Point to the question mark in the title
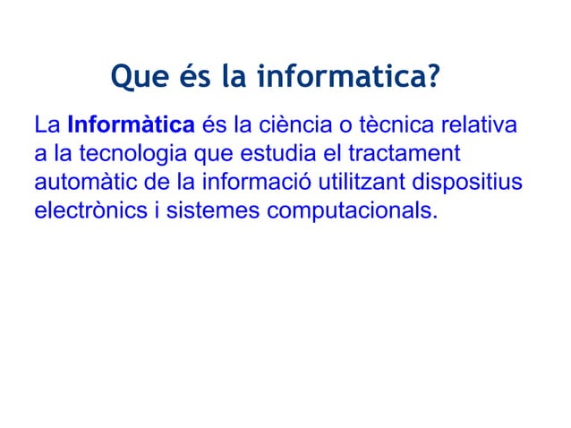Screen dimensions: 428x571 point(431,81)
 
